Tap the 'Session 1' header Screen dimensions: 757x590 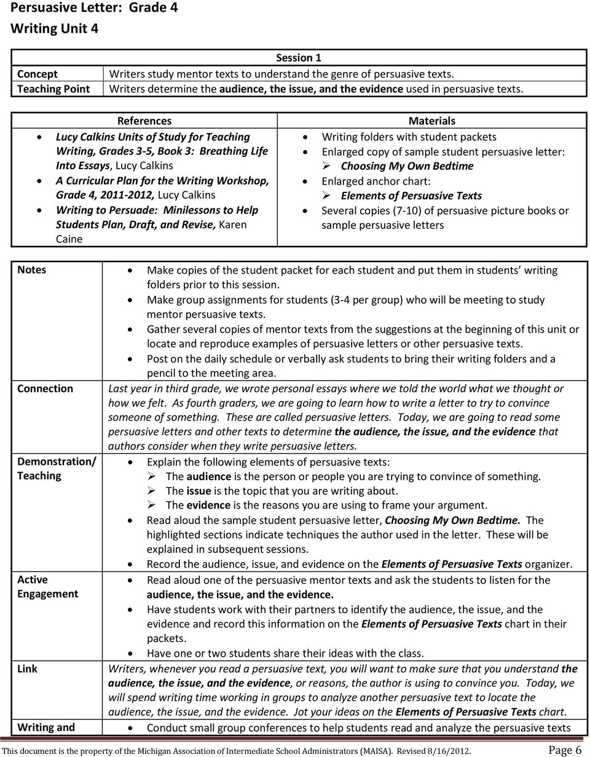(x=298, y=58)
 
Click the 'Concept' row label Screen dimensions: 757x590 (x=37, y=74)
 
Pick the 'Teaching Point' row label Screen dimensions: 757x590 (x=53, y=89)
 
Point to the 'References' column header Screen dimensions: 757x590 (x=144, y=121)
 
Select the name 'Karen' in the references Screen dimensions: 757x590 (x=214, y=224)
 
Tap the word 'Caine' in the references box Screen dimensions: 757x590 (x=69, y=239)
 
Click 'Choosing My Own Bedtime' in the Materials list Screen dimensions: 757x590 (x=407, y=166)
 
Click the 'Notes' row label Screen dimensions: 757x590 (x=31, y=270)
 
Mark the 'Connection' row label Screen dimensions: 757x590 (x=45, y=389)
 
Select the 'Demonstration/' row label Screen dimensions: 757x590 (x=56, y=461)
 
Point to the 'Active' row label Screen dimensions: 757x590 (x=32, y=579)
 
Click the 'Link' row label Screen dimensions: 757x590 (x=27, y=668)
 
